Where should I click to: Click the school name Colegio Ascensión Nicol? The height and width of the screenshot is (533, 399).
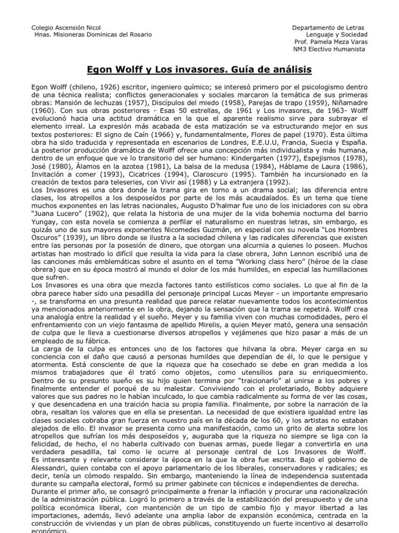[66, 27]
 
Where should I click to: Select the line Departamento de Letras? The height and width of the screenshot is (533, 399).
[328, 27]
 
